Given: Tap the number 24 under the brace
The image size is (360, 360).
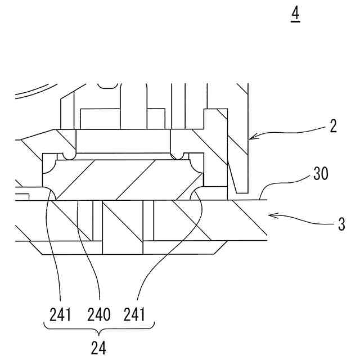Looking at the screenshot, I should (98, 347).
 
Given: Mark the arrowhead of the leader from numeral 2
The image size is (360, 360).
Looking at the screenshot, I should (251, 136).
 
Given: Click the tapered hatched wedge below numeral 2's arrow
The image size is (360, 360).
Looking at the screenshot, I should (237, 169).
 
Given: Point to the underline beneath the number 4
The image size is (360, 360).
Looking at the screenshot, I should (295, 22).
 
